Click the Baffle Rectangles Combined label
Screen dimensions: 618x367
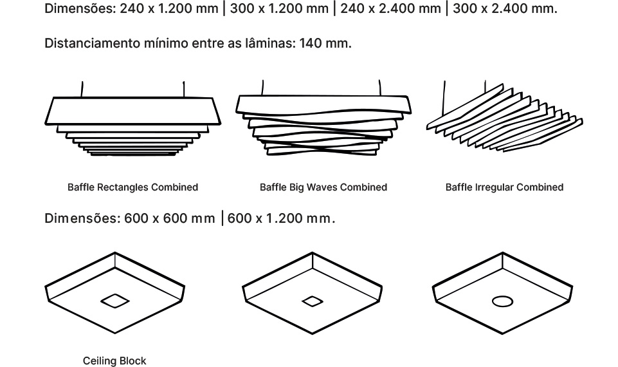click(x=133, y=187)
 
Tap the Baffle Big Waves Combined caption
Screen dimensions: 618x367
click(x=323, y=187)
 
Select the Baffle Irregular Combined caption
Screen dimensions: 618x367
click(x=504, y=187)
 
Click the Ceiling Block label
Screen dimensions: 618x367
click(x=114, y=361)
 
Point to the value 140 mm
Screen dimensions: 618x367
click(x=325, y=43)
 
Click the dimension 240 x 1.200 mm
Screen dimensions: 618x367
click(x=169, y=8)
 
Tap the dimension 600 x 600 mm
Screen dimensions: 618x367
click(x=170, y=218)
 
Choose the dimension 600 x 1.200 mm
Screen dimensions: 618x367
click(x=280, y=218)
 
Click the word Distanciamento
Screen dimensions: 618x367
click(x=92, y=43)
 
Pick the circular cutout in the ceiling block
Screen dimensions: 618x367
click(x=502, y=301)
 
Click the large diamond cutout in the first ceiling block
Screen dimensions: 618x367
click(x=114, y=301)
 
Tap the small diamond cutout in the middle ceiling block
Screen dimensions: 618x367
click(x=313, y=301)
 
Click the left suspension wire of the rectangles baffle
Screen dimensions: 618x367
click(x=82, y=89)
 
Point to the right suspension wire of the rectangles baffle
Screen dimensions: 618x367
click(x=184, y=89)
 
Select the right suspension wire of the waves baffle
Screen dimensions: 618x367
click(x=380, y=88)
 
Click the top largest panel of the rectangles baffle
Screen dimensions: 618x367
click(x=132, y=111)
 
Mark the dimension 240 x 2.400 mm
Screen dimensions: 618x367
click(x=390, y=8)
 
